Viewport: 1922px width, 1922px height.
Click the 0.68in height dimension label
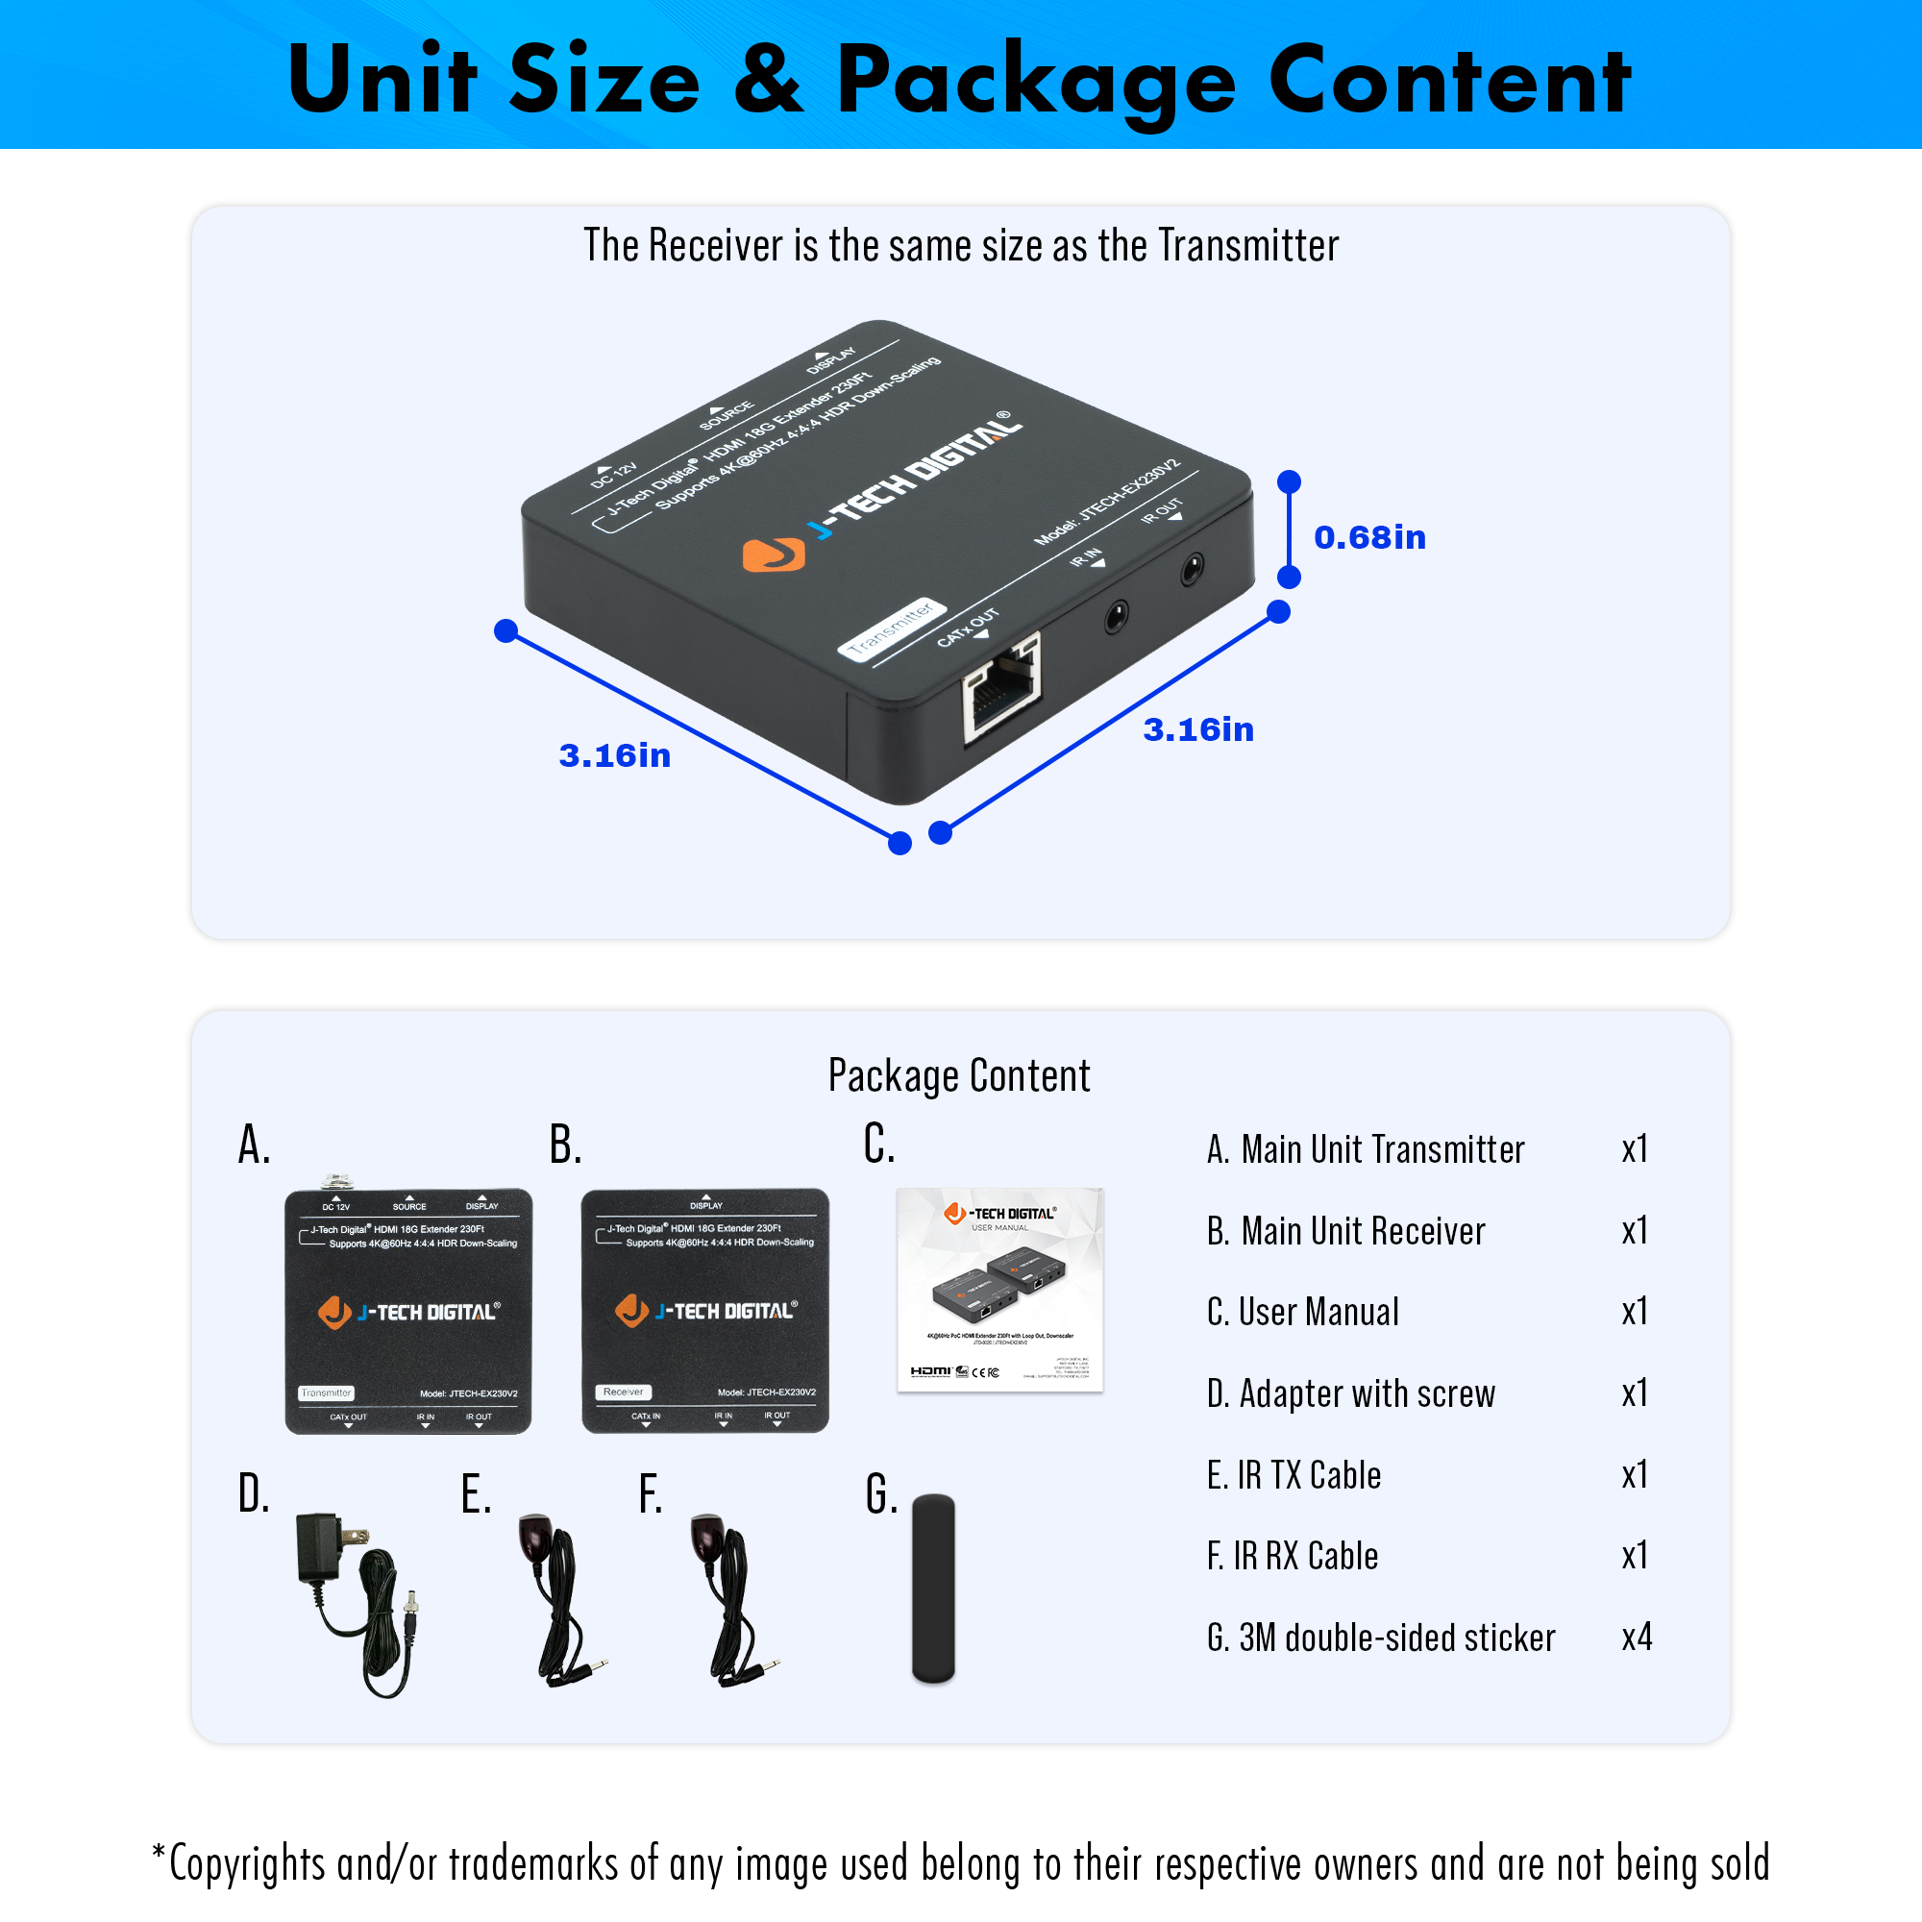pos(1368,537)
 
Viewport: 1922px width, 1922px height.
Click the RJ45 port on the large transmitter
pos(1000,686)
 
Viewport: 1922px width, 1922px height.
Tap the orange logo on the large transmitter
pos(773,554)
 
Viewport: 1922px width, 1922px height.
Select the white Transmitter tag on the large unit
pos(891,628)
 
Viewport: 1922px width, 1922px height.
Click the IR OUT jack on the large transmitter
pos(1191,570)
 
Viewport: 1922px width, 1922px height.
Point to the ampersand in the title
pos(767,80)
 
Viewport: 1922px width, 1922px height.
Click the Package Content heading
pos(959,1075)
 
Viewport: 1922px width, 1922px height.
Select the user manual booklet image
pos(999,1290)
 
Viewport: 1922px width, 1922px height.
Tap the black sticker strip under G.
pos(933,1588)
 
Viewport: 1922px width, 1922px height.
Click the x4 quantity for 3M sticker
pos(1637,1637)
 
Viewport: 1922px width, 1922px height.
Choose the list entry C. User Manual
pos(1302,1311)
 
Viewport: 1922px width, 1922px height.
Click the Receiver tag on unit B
pos(624,1392)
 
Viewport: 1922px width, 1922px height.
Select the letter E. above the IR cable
pos(476,1494)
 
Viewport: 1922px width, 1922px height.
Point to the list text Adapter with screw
pos(1366,1392)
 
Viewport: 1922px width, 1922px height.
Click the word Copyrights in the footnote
pos(247,1863)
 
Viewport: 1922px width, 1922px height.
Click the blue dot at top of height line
pos(1290,482)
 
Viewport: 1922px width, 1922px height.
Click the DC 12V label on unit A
pos(336,1206)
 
